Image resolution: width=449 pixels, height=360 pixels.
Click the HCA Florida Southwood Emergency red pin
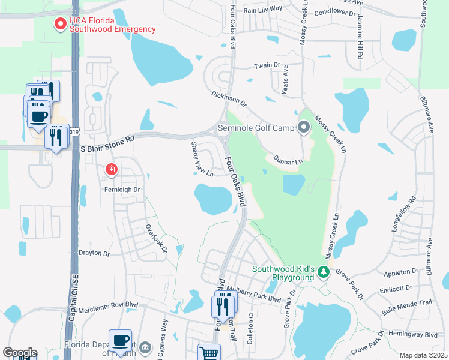point(61,25)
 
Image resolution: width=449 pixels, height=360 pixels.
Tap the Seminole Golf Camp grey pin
point(304,127)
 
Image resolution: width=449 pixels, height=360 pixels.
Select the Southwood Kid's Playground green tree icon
point(324,272)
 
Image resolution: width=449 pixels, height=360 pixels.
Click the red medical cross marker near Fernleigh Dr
point(111,170)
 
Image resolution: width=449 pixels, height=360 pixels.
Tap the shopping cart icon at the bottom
point(209,353)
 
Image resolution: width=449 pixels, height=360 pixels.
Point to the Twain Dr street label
point(267,65)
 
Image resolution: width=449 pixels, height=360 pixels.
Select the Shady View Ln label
point(202,160)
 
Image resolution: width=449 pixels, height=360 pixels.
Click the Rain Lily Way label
point(263,9)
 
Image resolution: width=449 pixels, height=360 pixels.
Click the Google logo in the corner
point(20,353)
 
